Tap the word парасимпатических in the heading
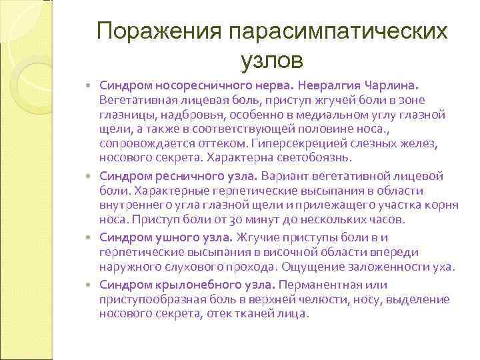337,32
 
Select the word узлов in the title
271,61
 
